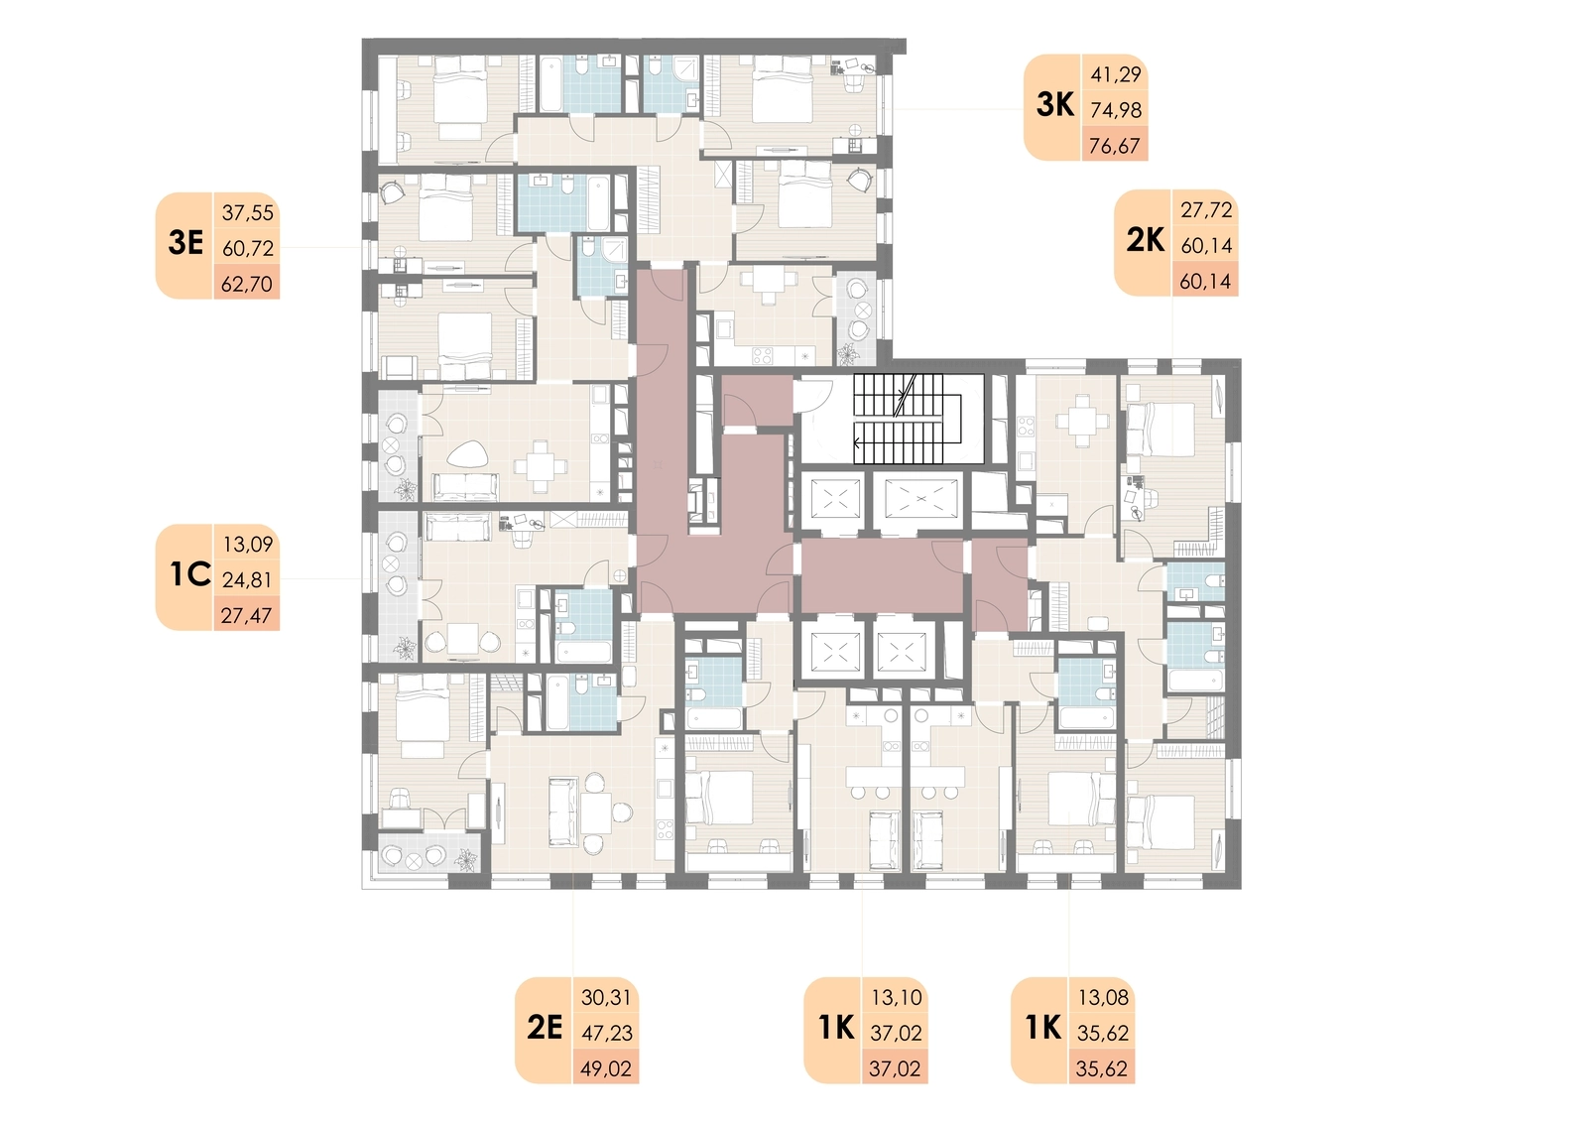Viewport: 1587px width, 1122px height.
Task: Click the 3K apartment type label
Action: (1055, 105)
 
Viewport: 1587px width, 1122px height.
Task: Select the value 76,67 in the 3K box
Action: (1115, 146)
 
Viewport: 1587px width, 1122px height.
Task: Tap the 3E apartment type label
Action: (185, 243)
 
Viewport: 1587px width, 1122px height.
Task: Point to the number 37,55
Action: (247, 212)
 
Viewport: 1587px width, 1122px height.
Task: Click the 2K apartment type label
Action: (1146, 241)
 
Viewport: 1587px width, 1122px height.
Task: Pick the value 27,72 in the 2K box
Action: (1206, 209)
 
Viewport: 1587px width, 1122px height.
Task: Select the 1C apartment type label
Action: (189, 574)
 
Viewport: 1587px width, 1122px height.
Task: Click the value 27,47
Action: (246, 615)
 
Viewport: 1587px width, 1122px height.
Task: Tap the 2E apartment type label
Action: (545, 1028)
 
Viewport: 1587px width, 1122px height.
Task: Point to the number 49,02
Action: (606, 1068)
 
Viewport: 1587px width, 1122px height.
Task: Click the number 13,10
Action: (897, 998)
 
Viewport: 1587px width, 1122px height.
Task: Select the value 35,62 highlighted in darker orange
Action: (1102, 1068)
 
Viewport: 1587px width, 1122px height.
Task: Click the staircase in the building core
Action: (907, 419)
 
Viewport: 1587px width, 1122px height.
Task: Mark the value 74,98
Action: (1116, 110)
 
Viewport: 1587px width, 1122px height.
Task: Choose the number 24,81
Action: (247, 580)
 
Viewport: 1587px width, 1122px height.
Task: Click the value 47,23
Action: (606, 1033)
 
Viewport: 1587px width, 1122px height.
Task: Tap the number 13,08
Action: (1103, 998)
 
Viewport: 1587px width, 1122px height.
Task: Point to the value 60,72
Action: (248, 249)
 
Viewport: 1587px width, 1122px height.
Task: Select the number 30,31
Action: (606, 998)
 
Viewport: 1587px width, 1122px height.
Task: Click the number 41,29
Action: (1116, 74)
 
